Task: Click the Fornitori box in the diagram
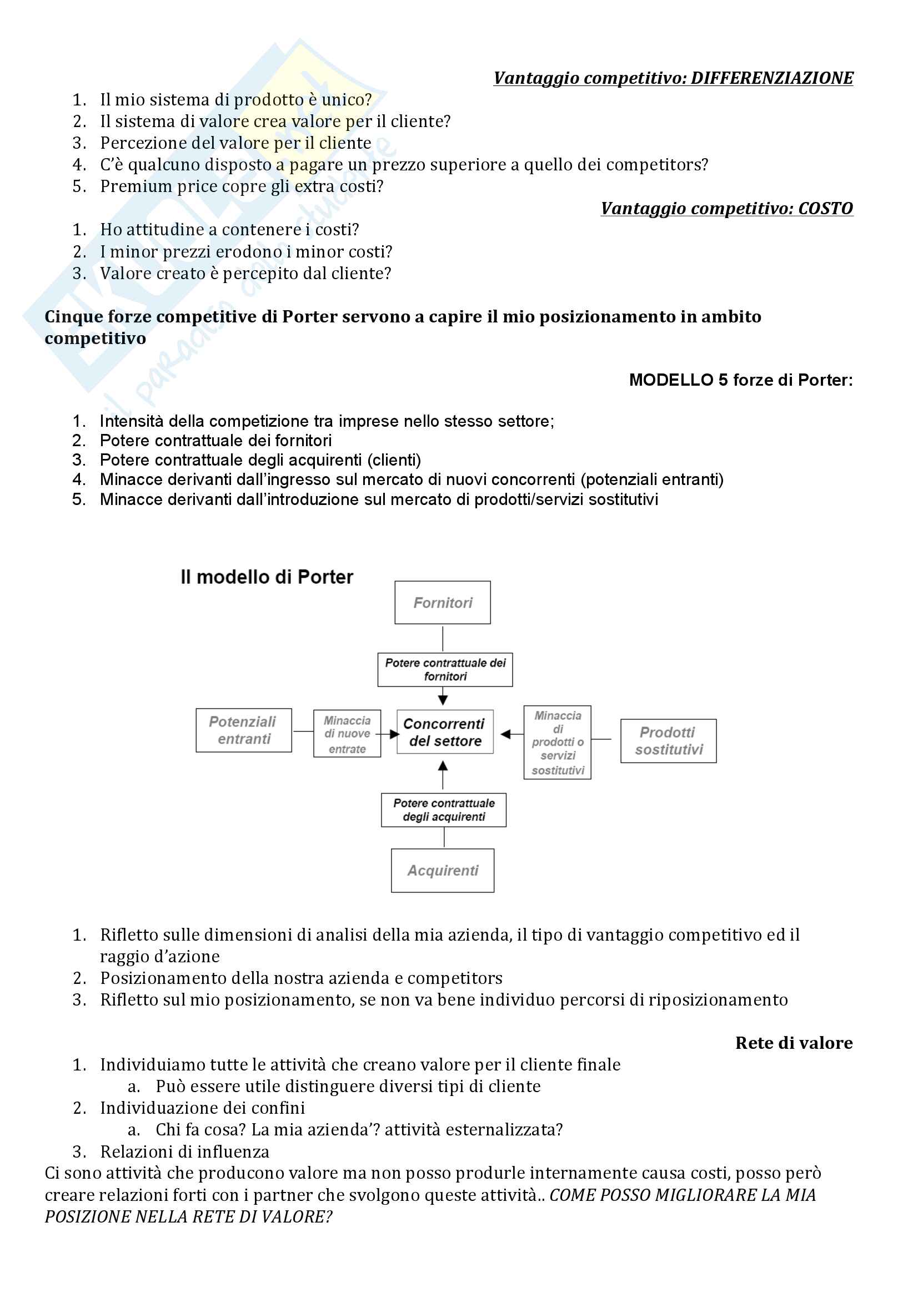[442, 603]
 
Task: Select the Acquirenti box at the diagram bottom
[442, 871]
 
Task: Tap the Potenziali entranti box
[244, 730]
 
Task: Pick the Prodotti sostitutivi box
[668, 741]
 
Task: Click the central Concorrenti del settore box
[445, 732]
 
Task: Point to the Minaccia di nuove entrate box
[347, 734]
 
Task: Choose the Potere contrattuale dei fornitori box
[445, 670]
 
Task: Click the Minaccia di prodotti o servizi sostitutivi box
[557, 743]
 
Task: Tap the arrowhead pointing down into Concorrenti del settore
[443, 700]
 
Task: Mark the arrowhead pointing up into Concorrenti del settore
[443, 766]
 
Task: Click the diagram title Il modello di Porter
[267, 577]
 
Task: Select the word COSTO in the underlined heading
[825, 209]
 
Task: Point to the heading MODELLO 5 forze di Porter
[740, 380]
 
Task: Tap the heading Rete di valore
[794, 1043]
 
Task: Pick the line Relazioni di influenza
[184, 1151]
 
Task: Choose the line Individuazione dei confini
[202, 1108]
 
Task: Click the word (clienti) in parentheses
[394, 460]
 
